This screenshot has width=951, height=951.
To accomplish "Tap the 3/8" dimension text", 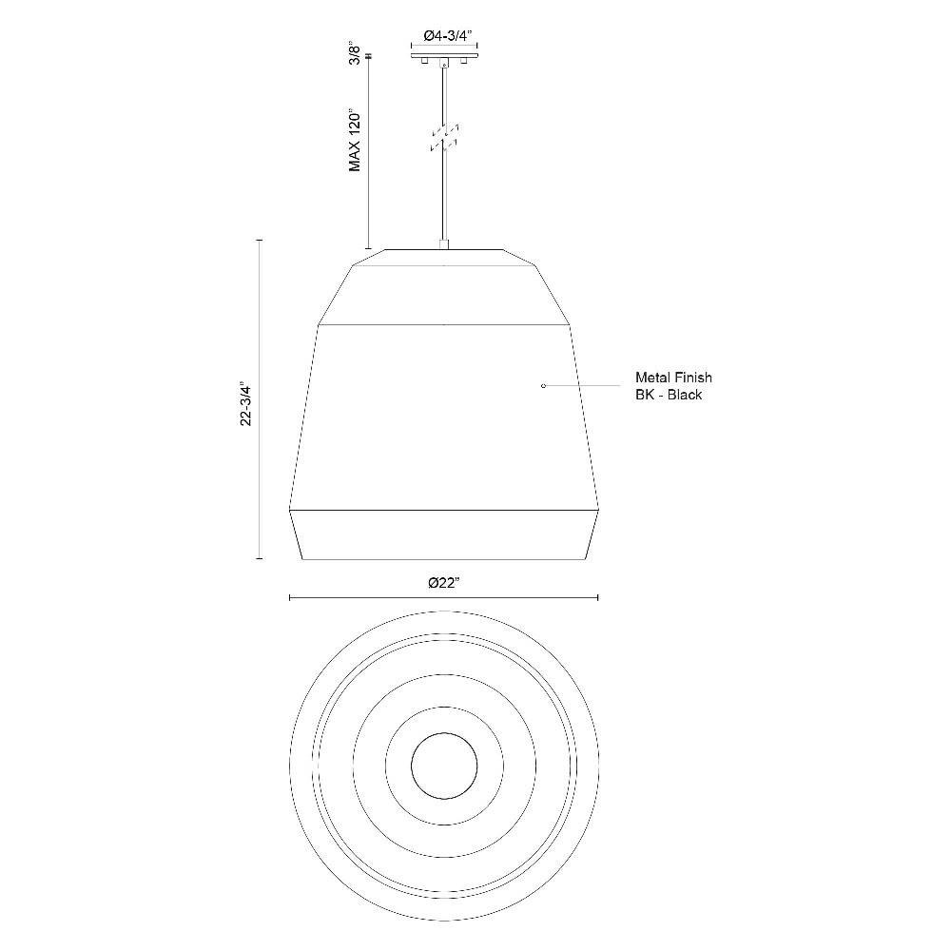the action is (x=356, y=52).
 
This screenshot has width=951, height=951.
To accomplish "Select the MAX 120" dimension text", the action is (x=356, y=141).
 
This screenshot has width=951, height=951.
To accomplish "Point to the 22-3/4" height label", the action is (x=246, y=403).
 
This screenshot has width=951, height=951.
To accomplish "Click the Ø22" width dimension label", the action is (x=444, y=583).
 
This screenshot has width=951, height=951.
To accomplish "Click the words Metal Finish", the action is (x=673, y=378).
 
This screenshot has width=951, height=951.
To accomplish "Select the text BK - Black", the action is (x=669, y=395).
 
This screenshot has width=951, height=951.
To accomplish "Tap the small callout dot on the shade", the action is (x=543, y=385).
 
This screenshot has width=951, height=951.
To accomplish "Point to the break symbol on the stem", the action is (x=444, y=138).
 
